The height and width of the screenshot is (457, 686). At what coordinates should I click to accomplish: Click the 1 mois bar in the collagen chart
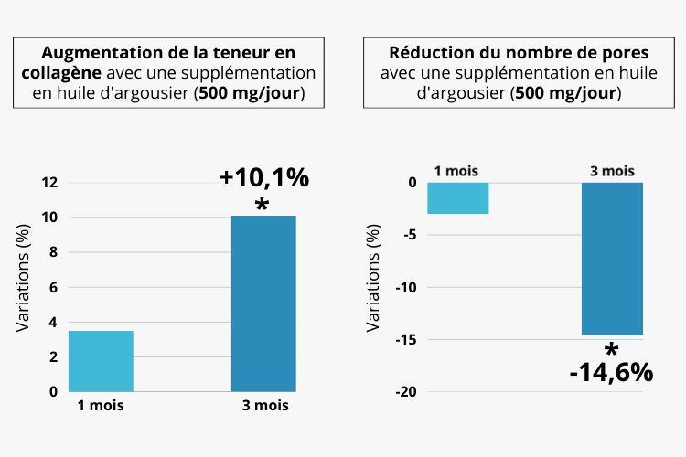point(101,361)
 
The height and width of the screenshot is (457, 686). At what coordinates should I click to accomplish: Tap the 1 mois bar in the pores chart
point(457,198)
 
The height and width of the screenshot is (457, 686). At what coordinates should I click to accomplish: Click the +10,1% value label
point(264,178)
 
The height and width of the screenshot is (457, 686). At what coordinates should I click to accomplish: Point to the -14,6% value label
point(611,372)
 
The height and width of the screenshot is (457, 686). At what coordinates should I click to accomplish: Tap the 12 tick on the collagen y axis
point(49,183)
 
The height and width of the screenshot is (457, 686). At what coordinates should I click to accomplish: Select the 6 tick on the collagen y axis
point(53,287)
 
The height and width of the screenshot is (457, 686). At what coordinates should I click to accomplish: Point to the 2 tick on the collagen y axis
point(53,356)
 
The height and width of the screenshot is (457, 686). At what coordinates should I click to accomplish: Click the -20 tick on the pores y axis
point(405,392)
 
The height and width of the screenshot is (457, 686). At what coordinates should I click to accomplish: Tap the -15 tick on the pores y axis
point(405,340)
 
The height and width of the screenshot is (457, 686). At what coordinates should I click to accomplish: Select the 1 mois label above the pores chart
point(456,171)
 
